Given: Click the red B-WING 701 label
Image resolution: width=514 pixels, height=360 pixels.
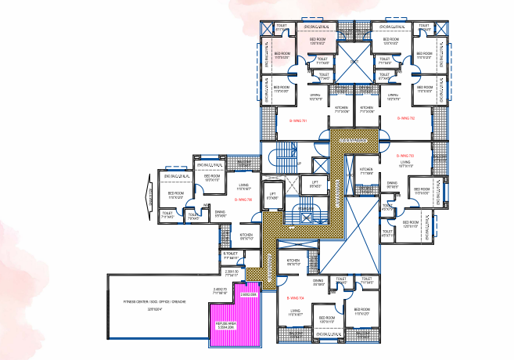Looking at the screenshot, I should coord(298,119).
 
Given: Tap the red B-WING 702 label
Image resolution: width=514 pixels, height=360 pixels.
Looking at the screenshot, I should coord(405,119).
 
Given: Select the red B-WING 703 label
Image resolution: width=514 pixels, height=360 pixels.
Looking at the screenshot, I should coord(405,156).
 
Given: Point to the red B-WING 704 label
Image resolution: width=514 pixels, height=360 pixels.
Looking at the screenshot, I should coord(294,298).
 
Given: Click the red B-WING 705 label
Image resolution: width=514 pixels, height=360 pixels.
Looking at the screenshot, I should coord(243,200).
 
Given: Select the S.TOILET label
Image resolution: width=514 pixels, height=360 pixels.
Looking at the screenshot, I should coord(230,254).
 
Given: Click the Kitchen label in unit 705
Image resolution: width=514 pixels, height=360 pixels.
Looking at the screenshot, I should coord(246,234).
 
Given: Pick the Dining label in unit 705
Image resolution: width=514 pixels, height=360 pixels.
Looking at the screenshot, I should coord(221,212).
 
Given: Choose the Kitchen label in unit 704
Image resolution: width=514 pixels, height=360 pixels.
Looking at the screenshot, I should coord(293,261).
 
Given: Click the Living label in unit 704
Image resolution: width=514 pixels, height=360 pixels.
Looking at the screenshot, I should coord(294,311).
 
